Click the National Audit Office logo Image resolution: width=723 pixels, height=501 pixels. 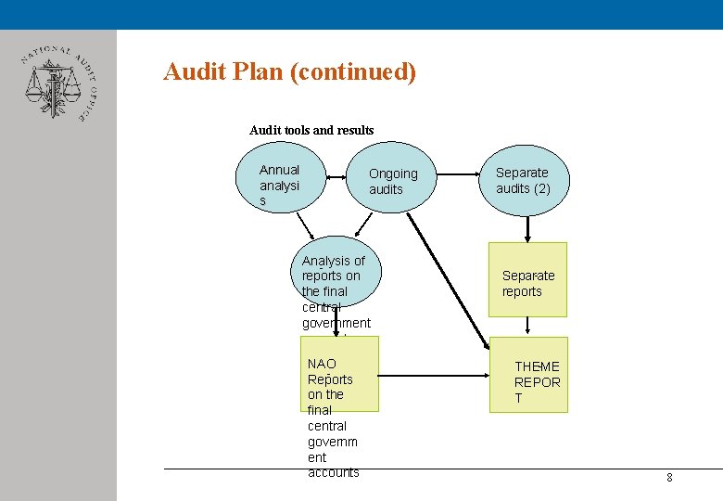56,83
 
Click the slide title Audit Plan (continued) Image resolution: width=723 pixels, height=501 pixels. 289,71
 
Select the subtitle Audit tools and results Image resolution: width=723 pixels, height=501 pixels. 311,130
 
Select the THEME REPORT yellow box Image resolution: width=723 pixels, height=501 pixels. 528,376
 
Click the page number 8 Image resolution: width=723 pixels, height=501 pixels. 669,478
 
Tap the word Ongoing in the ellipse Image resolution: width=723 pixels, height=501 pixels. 393,173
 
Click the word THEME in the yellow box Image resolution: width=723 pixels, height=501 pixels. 537,366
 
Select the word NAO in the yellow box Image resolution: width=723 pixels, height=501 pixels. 322,364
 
